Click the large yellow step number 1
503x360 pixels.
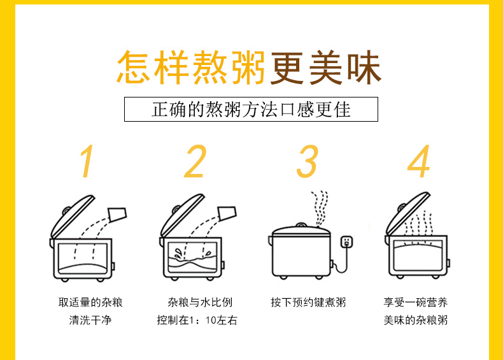pos(87,162)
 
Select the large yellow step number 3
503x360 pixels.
pos(307,162)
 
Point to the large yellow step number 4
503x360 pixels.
pos(418,162)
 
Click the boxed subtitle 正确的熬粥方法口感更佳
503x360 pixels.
pos(251,109)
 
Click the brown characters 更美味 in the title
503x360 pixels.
pos(325,67)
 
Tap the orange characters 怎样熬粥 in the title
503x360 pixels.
pos(191,67)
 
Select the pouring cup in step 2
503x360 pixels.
pos(226,213)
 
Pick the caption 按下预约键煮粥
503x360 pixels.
pos(308,302)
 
